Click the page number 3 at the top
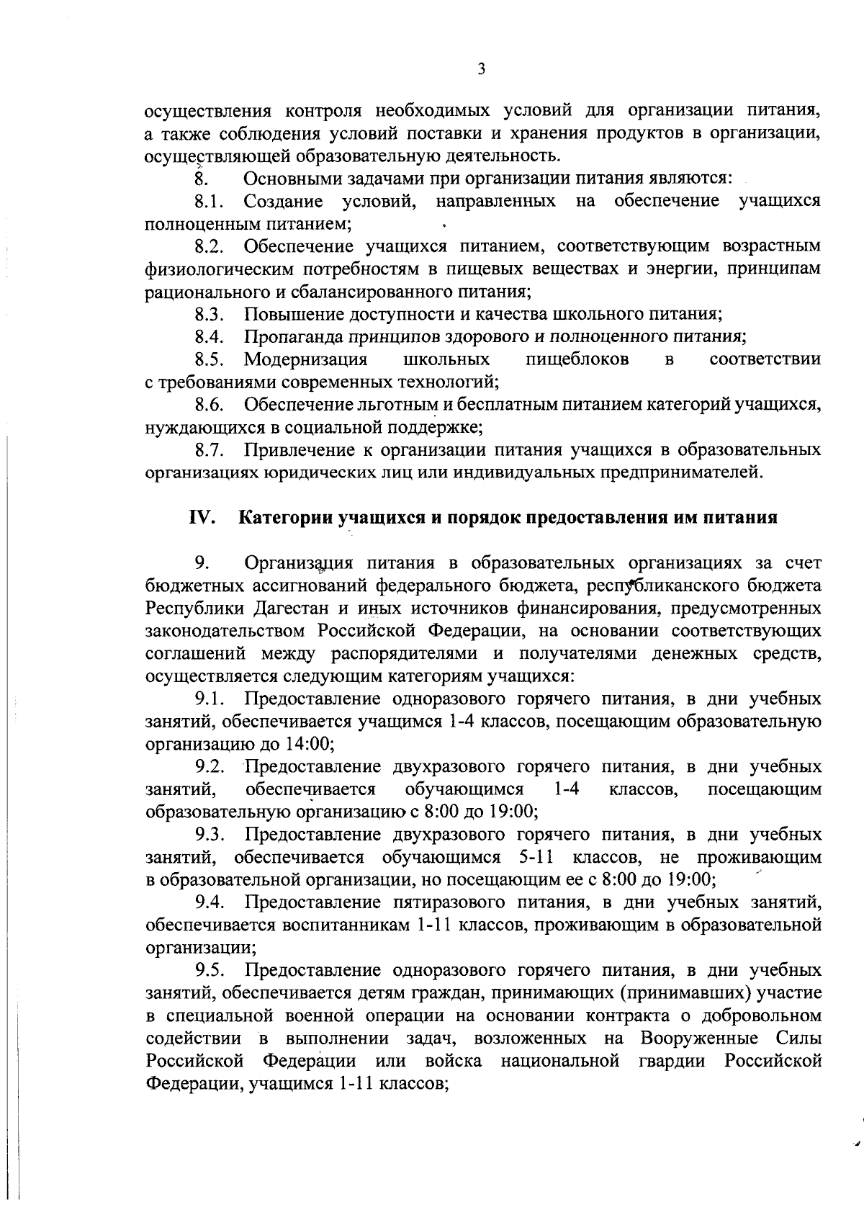coord(481,69)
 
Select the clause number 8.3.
coord(210,314)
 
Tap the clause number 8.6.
coord(210,405)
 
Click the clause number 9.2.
coord(210,766)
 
